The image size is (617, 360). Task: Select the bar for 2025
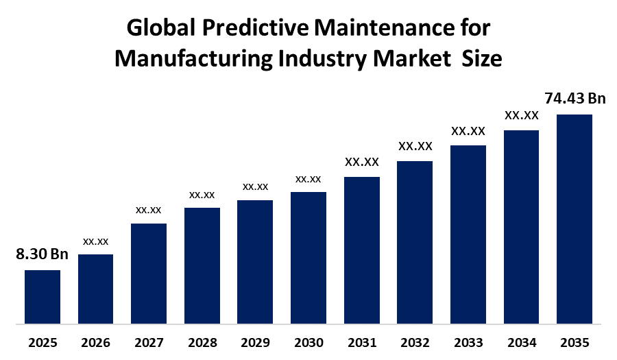(x=43, y=297)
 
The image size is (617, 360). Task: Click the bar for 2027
(x=149, y=274)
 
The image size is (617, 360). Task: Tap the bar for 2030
(x=308, y=258)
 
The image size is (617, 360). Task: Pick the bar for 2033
(x=468, y=235)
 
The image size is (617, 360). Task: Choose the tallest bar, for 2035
(x=574, y=219)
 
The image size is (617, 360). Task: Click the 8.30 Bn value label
(x=42, y=254)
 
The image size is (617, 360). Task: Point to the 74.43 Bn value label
(x=575, y=98)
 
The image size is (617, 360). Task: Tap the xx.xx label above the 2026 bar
(x=95, y=241)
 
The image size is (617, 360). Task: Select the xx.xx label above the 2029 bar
(x=256, y=187)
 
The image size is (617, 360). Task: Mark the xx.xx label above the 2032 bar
(x=415, y=146)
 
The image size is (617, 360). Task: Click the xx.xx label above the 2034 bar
(x=522, y=115)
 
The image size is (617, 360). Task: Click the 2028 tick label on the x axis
(x=202, y=343)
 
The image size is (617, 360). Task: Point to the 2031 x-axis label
(x=362, y=343)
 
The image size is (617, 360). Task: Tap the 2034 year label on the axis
(x=522, y=343)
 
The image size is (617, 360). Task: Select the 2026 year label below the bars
(x=95, y=343)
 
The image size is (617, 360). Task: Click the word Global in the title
(x=161, y=28)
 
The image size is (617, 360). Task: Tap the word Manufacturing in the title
(x=193, y=59)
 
